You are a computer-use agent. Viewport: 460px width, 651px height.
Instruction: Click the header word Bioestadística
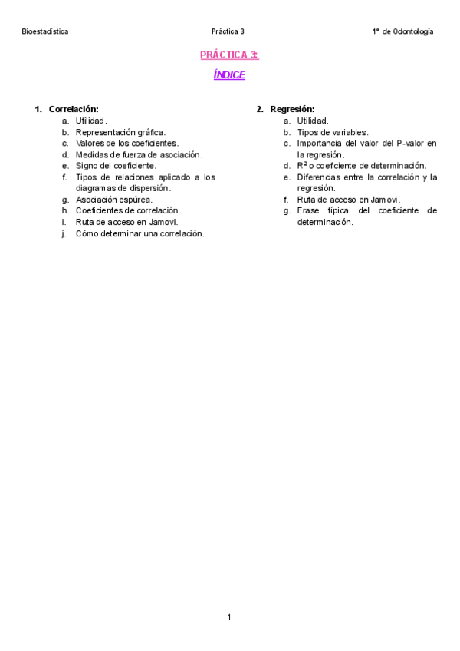coord(45,31)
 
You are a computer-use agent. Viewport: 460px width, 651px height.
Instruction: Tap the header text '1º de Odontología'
coord(402,31)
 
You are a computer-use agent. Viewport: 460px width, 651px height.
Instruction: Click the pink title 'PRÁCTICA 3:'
coord(229,55)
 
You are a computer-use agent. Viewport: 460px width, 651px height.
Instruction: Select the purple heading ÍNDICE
coord(229,75)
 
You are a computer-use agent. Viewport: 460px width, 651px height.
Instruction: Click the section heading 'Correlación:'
coord(74,109)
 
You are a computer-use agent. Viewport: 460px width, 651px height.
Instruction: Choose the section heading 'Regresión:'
coord(292,109)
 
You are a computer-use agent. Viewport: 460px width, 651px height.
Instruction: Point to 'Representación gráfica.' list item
coord(120,132)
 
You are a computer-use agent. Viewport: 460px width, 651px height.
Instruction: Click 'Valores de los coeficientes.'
coord(127,143)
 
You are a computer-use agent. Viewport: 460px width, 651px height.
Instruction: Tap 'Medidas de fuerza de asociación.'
coord(139,154)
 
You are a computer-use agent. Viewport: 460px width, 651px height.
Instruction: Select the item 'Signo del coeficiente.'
coord(116,165)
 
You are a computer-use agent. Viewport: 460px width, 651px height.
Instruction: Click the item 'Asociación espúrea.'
coord(114,200)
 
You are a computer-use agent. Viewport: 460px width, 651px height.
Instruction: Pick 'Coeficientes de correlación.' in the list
coord(128,210)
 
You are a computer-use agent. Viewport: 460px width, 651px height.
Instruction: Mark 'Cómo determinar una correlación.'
coord(140,233)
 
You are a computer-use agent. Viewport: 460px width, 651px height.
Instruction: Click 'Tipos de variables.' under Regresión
coord(333,132)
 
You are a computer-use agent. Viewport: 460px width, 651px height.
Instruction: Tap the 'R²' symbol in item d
coord(302,165)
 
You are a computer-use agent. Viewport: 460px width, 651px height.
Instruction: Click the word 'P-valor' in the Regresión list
coord(411,143)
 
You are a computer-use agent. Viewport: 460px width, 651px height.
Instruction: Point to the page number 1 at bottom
coord(229,616)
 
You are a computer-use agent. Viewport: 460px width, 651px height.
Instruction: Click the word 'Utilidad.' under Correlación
coord(91,121)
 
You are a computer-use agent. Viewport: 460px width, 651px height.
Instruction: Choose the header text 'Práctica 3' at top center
coord(228,31)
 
